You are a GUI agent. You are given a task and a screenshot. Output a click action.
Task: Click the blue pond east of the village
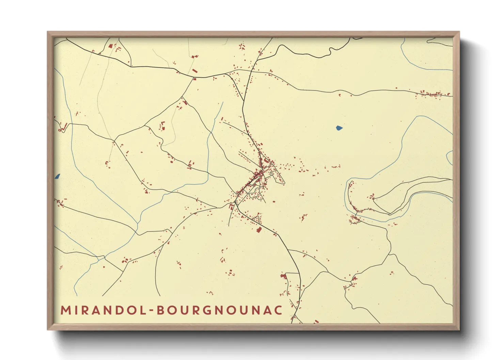pyautogui.click(x=339, y=128)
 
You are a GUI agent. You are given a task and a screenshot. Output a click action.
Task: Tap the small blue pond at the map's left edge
pyautogui.click(x=57, y=176)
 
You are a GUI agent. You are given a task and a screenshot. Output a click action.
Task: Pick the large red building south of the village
pyautogui.click(x=259, y=230)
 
